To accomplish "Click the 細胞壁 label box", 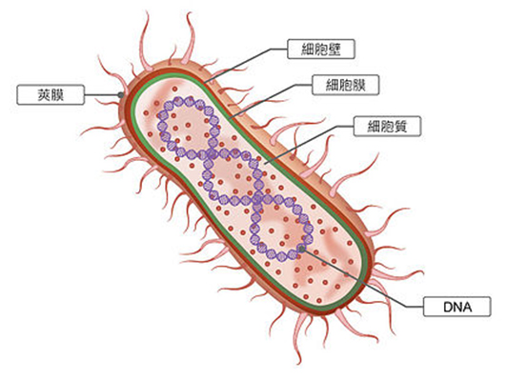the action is [x=321, y=49].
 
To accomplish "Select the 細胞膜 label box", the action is [x=346, y=85].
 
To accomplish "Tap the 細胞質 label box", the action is [x=387, y=127].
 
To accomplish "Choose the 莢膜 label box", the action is [x=51, y=94].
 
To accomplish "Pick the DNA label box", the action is [x=457, y=307].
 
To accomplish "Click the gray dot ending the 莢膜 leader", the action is [x=121, y=95].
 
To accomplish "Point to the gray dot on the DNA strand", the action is [x=302, y=249].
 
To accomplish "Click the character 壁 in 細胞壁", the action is [x=334, y=50].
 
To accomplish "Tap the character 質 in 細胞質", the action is [x=400, y=127].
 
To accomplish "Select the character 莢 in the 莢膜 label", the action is [x=44, y=95].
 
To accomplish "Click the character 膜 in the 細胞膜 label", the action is [x=359, y=85].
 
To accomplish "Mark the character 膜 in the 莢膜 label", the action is [x=57, y=95].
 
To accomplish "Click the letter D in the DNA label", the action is [x=448, y=307].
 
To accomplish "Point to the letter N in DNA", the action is [x=457, y=307].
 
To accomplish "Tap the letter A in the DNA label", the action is [x=467, y=307].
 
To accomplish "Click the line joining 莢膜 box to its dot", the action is [x=101, y=95].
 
